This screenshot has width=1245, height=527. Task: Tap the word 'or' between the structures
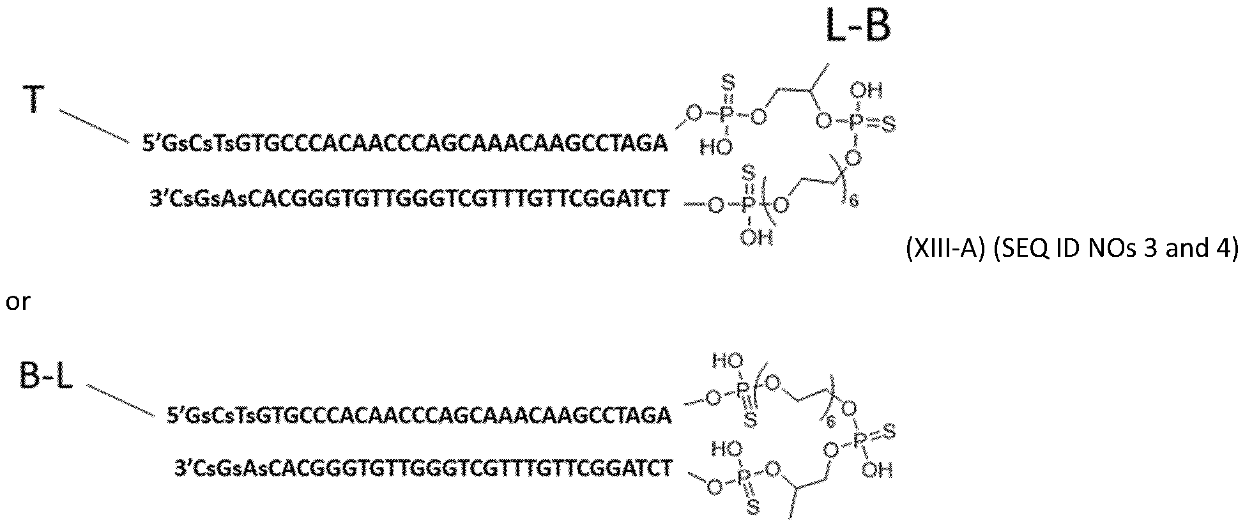(x=18, y=302)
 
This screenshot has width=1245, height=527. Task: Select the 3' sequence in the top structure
(x=409, y=199)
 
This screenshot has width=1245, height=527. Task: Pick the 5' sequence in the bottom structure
(x=419, y=416)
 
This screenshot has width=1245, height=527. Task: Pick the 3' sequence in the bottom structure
(x=424, y=469)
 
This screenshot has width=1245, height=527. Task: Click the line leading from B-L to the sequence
(x=121, y=401)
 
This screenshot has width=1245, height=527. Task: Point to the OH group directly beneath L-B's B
(x=867, y=90)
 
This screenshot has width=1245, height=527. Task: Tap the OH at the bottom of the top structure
(x=757, y=238)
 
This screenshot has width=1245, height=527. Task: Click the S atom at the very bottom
(x=753, y=508)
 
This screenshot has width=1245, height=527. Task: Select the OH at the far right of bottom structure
(x=877, y=471)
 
